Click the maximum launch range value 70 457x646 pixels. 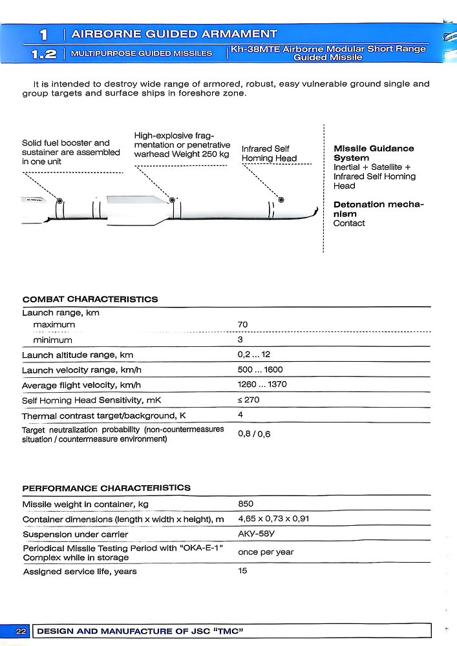[x=242, y=324]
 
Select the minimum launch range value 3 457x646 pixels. [x=240, y=340]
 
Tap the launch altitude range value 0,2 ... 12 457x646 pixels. [x=254, y=355]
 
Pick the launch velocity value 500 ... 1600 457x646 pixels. [x=260, y=370]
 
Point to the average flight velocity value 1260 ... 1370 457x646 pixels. [x=262, y=385]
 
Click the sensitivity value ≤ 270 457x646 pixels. [x=248, y=401]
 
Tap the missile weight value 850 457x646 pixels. [x=246, y=504]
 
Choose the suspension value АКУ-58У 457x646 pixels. [x=256, y=534]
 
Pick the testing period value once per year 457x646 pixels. [x=266, y=552]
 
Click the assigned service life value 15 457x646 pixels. [x=242, y=571]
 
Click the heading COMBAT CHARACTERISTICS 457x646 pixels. [x=90, y=300]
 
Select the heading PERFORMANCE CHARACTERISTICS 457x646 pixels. [x=107, y=488]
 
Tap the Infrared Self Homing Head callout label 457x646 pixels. [x=269, y=154]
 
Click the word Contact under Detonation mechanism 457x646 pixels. [x=349, y=224]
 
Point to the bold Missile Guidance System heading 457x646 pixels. [x=374, y=153]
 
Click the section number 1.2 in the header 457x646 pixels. [x=43, y=54]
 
